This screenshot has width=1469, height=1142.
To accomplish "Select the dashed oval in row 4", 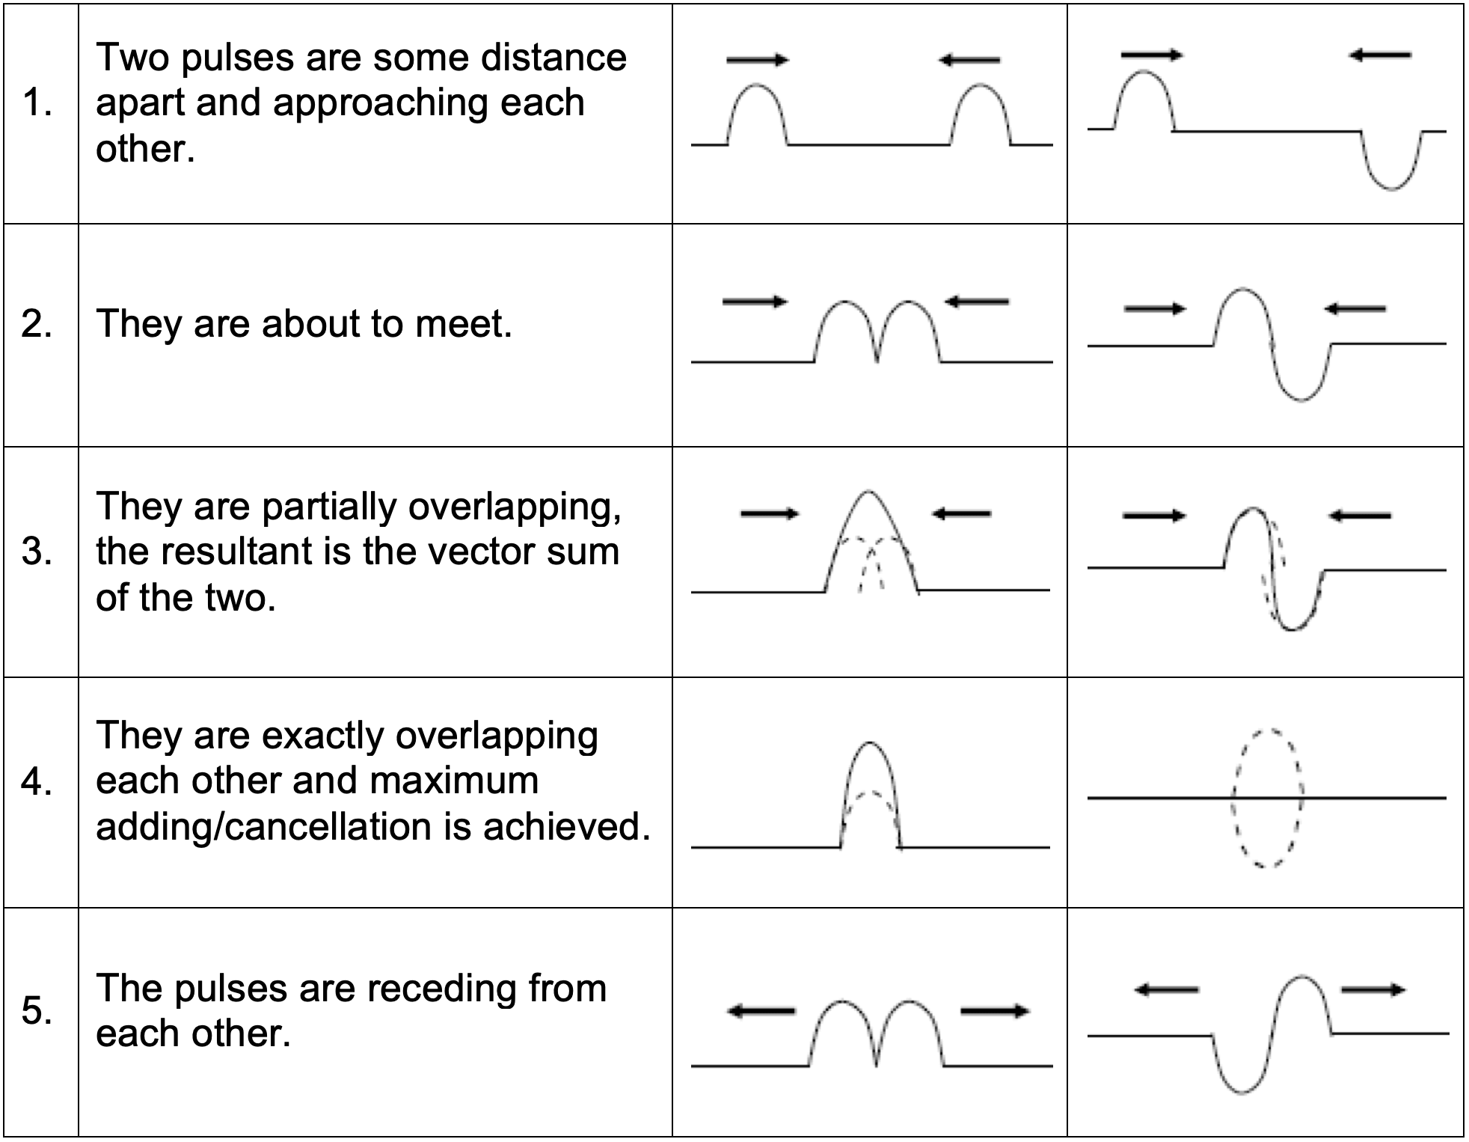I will [1268, 798].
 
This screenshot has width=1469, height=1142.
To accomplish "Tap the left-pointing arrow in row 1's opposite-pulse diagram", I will [1380, 55].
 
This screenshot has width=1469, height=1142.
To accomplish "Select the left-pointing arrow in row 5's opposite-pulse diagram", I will [1167, 990].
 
